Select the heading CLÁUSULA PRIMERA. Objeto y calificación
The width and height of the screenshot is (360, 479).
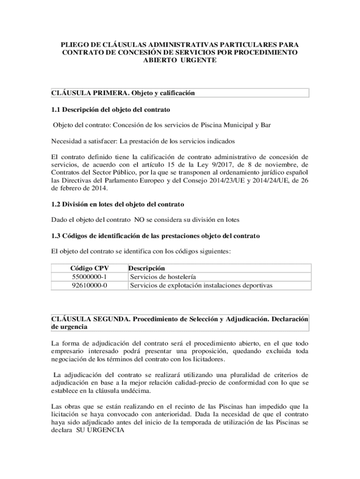coord(122,93)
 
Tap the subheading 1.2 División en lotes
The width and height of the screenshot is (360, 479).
coord(118,204)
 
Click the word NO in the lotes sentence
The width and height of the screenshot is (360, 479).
coord(139,219)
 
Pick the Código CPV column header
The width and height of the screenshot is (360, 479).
coord(89,269)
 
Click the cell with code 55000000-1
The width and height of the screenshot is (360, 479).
coord(89,276)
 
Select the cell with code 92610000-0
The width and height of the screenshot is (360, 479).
coord(89,285)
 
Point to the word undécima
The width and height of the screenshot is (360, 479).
coord(136,391)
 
